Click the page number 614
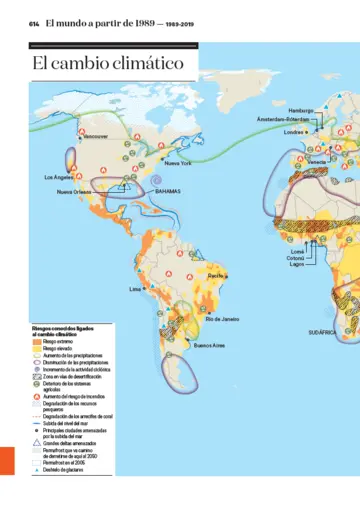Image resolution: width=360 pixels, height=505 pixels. coord(34,23)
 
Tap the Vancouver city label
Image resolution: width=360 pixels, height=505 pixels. coord(95,136)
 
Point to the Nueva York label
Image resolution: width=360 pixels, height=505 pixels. coord(178,163)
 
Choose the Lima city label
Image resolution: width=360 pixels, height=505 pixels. coord(135,289)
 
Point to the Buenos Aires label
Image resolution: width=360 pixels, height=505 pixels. coord(209,346)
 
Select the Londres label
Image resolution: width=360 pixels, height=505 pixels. coord(294,132)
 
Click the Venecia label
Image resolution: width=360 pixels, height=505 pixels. coord(316,161)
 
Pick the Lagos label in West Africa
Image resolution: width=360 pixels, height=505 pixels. coord(296,264)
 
